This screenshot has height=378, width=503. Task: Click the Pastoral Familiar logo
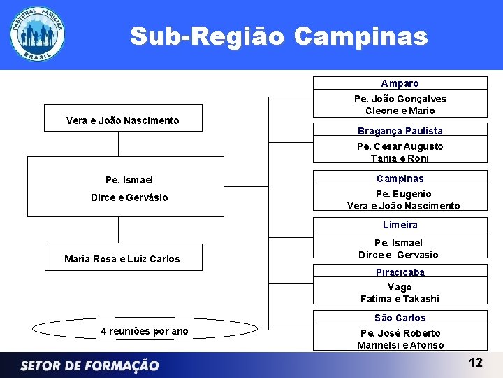click(38, 35)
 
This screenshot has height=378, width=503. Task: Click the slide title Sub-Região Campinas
click(278, 36)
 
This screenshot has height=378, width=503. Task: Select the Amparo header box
click(400, 83)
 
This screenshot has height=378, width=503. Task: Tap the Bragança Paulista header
click(400, 131)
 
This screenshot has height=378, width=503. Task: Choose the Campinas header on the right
click(400, 178)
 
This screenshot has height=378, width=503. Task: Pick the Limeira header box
click(400, 225)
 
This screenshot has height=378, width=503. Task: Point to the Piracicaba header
click(400, 272)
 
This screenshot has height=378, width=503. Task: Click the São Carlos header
click(400, 318)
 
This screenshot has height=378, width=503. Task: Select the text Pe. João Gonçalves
click(400, 99)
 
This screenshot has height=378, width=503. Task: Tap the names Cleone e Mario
click(400, 111)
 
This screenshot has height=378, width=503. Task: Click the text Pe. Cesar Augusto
click(400, 146)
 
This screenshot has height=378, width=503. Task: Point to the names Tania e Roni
click(400, 158)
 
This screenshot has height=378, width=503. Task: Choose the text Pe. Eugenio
click(403, 194)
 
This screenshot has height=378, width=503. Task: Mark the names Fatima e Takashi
click(400, 299)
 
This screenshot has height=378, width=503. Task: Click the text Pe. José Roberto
click(400, 333)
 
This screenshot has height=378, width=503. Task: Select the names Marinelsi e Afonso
click(400, 345)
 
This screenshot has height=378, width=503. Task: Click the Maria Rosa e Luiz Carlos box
click(122, 258)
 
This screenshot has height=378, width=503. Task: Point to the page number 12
click(475, 363)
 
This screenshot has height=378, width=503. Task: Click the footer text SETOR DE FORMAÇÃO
click(89, 365)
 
